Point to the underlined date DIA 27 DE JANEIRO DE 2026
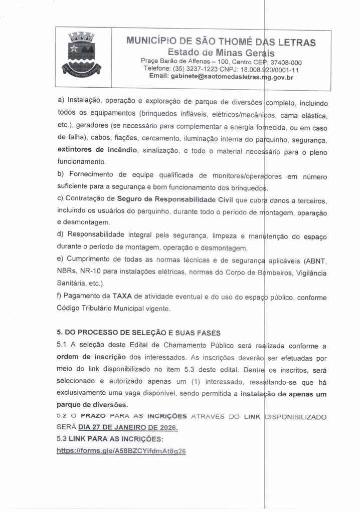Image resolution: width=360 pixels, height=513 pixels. click(128, 428)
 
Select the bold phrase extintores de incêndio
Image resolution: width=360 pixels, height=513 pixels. click(97, 150)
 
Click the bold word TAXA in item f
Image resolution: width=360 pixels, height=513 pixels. click(122, 297)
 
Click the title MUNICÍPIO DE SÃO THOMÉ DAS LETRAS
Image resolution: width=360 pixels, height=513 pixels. click(221, 42)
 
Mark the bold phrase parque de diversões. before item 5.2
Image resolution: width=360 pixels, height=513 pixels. click(92, 404)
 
